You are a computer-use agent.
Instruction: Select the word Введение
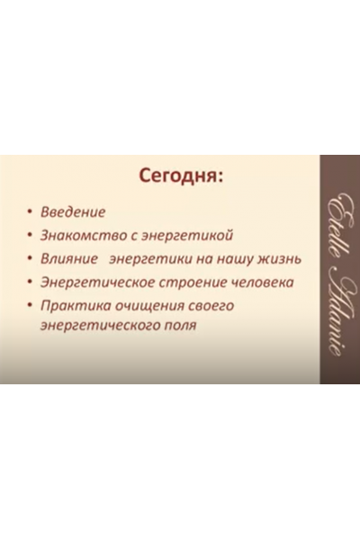point(73,212)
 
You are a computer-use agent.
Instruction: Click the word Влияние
point(68,259)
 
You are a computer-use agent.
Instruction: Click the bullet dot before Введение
point(31,213)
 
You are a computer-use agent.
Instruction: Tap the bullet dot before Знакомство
point(31,237)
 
